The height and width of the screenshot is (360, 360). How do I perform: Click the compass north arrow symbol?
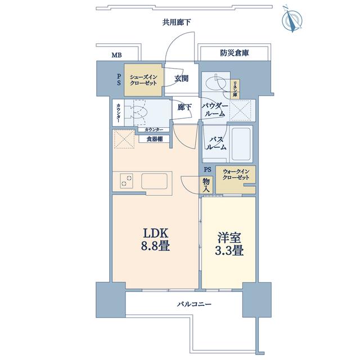click(292, 19)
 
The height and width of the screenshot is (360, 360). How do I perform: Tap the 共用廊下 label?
click(177, 22)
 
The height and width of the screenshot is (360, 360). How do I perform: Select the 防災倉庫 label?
click(235, 53)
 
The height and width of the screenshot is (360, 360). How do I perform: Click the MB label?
click(116, 55)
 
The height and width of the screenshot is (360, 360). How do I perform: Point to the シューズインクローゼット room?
click(143, 80)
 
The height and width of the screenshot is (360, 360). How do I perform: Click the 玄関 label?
click(181, 79)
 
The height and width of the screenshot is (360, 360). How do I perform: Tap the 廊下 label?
click(184, 107)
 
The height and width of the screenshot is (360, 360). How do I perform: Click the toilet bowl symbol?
click(137, 112)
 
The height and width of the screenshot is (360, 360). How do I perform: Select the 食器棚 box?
click(154, 139)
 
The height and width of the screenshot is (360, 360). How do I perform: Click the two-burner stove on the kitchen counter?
click(127, 181)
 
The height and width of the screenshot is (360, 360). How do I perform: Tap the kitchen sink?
click(154, 181)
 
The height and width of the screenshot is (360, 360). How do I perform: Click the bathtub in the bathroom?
click(241, 143)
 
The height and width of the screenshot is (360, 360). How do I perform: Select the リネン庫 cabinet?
click(235, 89)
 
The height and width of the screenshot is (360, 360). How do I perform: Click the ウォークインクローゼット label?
click(236, 174)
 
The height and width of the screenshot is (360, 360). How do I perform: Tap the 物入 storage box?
click(206, 185)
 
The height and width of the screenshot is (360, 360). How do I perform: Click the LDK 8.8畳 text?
click(155, 240)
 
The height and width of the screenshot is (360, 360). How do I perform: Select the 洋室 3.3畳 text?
click(229, 244)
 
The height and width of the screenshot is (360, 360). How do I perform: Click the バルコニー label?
click(194, 304)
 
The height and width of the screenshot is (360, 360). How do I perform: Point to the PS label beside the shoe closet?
click(119, 79)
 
